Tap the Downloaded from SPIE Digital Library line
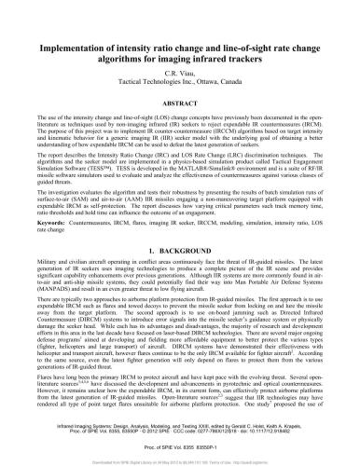(180, 459)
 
